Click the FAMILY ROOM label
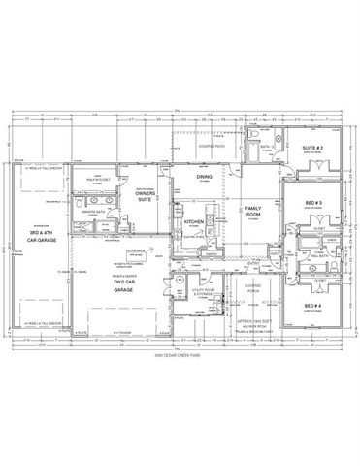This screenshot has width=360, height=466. [254, 214]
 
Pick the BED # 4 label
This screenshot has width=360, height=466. [312, 281]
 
